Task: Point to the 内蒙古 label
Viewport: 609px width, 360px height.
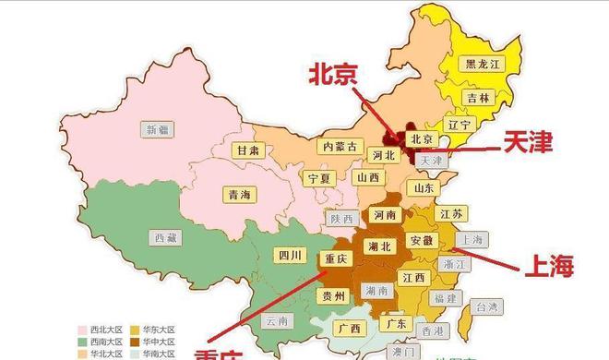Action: point(337,146)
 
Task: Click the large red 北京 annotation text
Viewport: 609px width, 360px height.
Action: point(334,74)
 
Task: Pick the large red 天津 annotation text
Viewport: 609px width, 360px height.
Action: point(527,142)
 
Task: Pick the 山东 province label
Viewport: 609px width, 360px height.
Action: point(424,187)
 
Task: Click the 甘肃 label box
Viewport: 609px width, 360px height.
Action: point(247,150)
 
